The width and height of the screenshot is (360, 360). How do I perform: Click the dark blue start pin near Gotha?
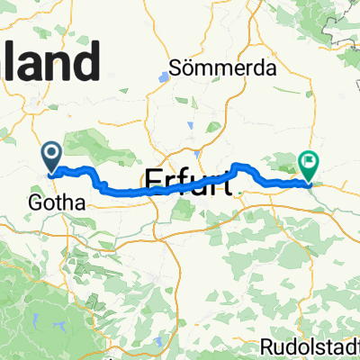[x=50, y=158]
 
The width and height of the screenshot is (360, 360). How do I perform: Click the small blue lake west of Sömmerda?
[x=162, y=77]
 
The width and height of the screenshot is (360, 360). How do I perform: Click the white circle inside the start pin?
[x=50, y=155]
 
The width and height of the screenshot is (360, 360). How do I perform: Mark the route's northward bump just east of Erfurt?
[x=238, y=166]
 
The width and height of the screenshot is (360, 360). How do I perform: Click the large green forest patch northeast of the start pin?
[x=94, y=144]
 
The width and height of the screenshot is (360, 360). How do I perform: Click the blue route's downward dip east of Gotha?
[x=104, y=186]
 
